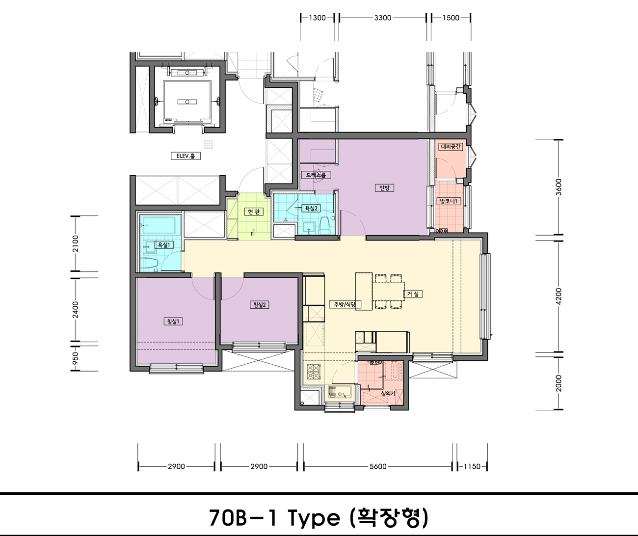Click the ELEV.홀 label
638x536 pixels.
186,156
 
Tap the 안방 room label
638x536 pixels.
384,188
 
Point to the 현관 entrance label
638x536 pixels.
254,212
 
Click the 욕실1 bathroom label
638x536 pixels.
163,245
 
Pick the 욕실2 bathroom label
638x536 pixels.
311,209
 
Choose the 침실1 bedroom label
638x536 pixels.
174,321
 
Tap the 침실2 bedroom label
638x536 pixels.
260,305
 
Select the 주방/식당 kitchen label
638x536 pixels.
345,304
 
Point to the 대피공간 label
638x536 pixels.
451,147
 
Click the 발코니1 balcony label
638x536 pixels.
449,201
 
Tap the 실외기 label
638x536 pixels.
388,394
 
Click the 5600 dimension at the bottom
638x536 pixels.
378,466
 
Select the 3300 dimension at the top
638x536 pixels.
383,18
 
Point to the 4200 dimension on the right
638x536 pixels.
558,296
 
